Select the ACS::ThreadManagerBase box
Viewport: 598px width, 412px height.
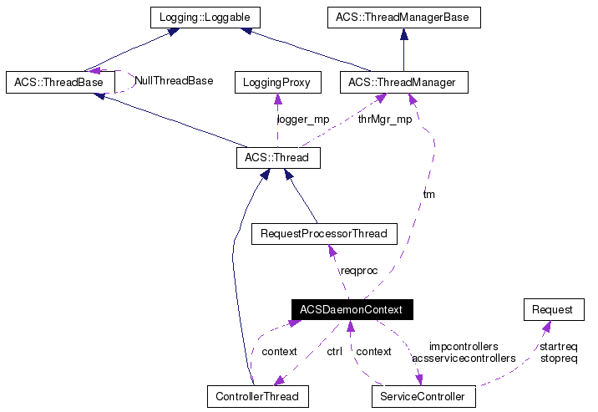403,17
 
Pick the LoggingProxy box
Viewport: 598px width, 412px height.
276,82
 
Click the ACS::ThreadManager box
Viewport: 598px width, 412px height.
403,82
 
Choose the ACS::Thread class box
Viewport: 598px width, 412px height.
276,157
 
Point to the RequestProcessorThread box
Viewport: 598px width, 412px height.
324,233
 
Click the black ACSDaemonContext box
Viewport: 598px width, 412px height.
352,309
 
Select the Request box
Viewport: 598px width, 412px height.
553,309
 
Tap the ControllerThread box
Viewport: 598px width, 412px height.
258,394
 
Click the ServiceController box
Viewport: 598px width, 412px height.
423,394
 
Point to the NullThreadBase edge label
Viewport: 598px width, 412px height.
174,81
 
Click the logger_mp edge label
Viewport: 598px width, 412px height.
302,119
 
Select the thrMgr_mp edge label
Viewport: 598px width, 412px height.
385,119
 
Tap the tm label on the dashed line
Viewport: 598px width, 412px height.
428,194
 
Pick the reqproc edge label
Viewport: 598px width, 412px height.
359,271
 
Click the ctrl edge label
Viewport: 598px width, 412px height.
334,352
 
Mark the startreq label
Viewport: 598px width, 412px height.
559,346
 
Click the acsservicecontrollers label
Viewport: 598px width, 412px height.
464,358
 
